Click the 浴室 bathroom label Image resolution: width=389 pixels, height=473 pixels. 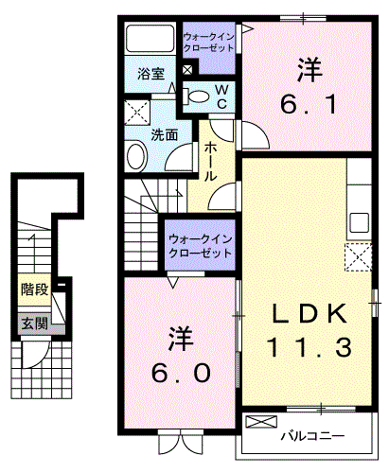tap(150, 74)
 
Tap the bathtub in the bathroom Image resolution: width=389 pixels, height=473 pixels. tap(150, 38)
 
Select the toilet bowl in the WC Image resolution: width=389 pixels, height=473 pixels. tap(196, 96)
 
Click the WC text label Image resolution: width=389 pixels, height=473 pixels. tap(221, 97)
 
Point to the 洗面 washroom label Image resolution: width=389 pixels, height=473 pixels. tap(164, 135)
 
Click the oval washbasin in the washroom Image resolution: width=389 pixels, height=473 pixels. tap(137, 157)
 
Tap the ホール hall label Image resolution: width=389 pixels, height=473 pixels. tap(209, 161)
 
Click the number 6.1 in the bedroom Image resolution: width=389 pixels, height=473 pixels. tap(309, 105)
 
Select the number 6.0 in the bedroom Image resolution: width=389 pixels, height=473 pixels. tap(181, 373)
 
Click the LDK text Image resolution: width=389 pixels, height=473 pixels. tap(309, 313)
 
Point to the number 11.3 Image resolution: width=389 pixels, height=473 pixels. tap(309, 347)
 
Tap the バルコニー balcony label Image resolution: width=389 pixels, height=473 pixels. tap(312, 436)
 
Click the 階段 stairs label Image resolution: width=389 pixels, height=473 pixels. tap(34, 289)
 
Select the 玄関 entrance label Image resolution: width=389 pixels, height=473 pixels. tap(34, 323)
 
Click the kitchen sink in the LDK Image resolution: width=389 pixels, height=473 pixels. tap(359, 222)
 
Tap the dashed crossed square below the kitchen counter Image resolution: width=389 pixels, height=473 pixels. tap(359, 257)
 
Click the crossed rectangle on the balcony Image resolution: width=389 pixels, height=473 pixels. tap(261, 422)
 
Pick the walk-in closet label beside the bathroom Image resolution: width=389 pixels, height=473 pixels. tap(208, 43)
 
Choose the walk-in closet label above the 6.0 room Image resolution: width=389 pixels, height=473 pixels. tap(200, 246)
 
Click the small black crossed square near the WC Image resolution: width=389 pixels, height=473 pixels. tap(187, 70)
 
